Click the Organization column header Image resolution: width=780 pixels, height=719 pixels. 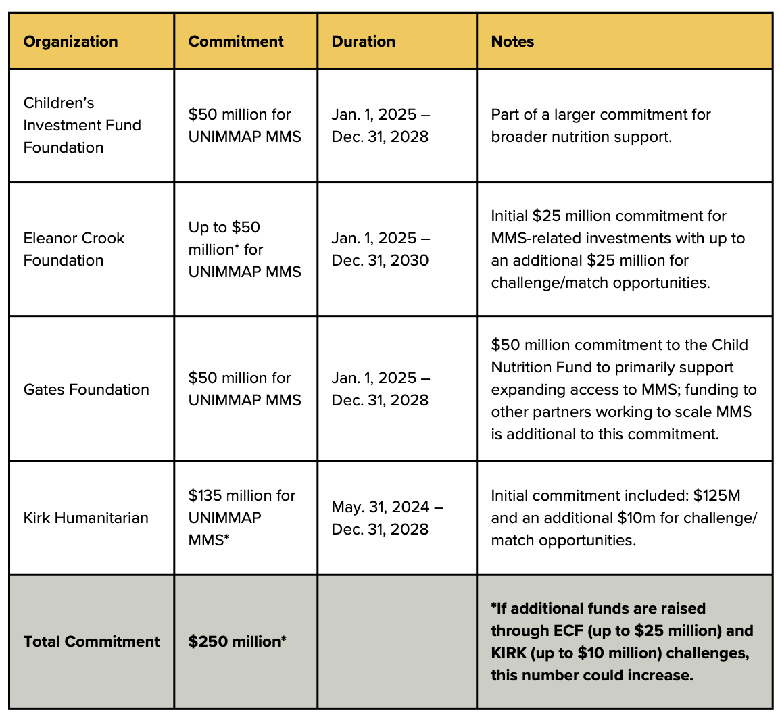(70, 41)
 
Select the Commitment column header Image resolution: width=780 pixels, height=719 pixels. (235, 41)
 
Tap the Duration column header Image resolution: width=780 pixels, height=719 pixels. (363, 41)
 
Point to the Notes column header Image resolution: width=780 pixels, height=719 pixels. (512, 41)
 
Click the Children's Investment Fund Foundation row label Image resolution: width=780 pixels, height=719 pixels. (82, 125)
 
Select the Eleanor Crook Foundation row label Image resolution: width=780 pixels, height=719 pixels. (74, 249)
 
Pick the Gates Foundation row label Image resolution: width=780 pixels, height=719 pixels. (86, 389)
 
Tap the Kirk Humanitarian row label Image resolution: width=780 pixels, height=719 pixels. (86, 518)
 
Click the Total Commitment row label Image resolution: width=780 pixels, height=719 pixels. (91, 641)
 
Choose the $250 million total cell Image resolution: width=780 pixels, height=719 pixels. (237, 641)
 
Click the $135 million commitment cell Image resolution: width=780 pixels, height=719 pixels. (241, 518)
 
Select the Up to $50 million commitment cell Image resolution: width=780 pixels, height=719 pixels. (244, 249)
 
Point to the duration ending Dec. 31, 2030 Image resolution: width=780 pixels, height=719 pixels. (380, 260)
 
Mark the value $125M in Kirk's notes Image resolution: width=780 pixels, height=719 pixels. (716, 495)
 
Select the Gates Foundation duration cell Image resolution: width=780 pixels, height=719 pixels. (380, 389)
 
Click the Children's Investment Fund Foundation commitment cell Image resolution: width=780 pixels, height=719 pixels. (244, 125)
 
